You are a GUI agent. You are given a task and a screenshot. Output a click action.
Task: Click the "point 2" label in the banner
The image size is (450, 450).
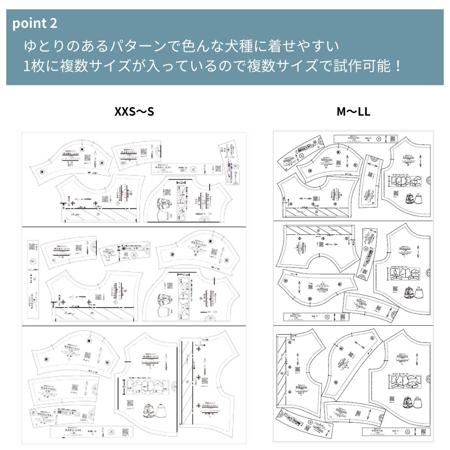coord(35,23)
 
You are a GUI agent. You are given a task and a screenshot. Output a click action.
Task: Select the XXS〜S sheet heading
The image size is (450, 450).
coord(134,112)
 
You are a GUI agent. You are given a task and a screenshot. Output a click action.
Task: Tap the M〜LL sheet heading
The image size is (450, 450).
coord(353,112)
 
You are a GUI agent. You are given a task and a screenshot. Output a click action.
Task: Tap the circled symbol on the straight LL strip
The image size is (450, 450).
coord(408,435)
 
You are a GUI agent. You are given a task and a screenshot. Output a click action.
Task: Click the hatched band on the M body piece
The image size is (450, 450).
coord(317,212)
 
